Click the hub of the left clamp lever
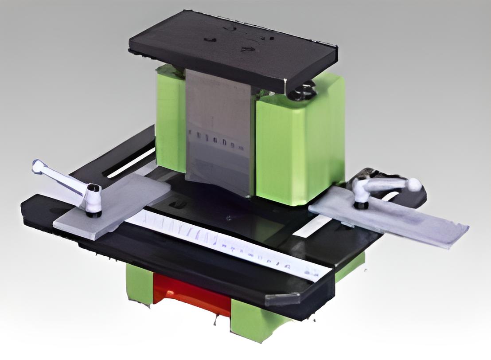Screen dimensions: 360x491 93,195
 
